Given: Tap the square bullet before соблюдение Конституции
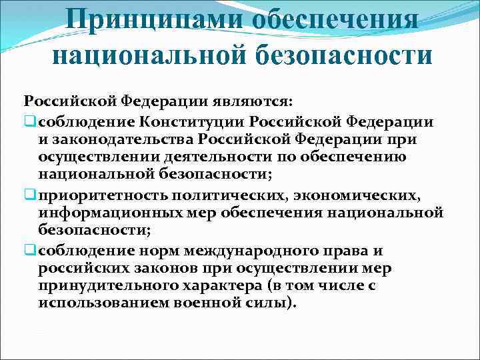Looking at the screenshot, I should pos(30,121).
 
